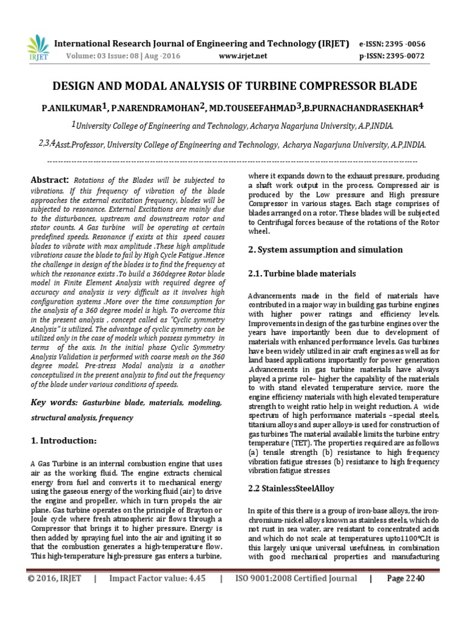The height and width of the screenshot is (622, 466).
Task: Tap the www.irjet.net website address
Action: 242,56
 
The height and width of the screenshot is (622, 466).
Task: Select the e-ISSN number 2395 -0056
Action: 397,44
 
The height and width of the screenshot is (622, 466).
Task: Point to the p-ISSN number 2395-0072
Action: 398,56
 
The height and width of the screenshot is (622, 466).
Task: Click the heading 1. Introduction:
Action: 62,440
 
